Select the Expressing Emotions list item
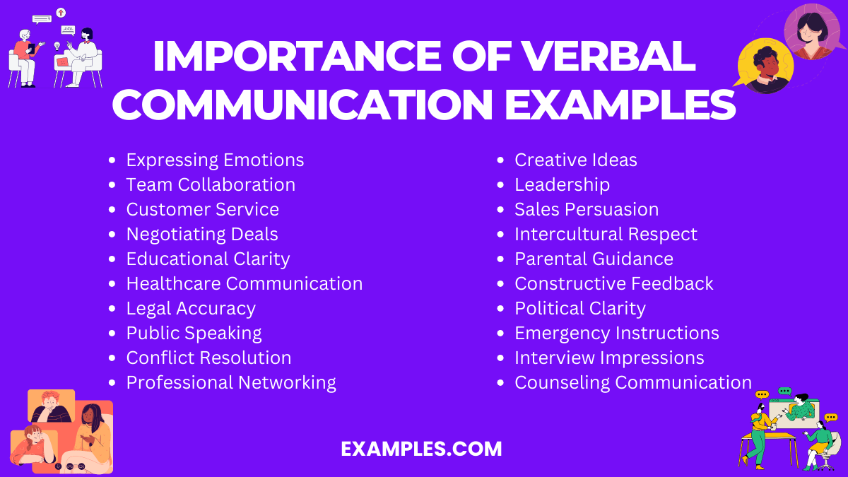(x=215, y=160)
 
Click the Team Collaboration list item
(x=211, y=185)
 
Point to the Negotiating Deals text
(x=202, y=235)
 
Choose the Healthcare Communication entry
(x=244, y=284)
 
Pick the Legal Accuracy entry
(x=191, y=309)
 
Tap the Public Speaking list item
(x=194, y=334)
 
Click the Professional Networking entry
(x=231, y=383)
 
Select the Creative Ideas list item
(x=575, y=160)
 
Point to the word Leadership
(x=562, y=185)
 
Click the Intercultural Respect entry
(x=606, y=235)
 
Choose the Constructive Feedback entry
(x=613, y=284)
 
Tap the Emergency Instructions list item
(x=616, y=334)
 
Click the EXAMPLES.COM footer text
(x=421, y=449)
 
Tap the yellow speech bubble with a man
(x=764, y=66)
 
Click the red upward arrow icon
(x=61, y=13)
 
